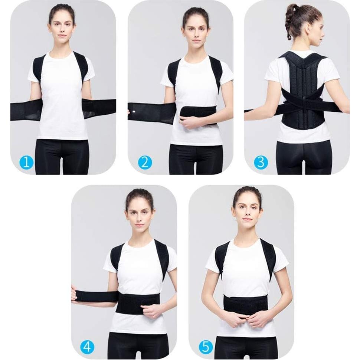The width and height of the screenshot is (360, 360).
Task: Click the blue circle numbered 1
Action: [26, 162]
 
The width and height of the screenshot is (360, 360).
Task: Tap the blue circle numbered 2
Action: [144, 162]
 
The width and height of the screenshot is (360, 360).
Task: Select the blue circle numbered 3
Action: [261, 162]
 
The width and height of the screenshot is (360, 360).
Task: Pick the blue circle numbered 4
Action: [87, 347]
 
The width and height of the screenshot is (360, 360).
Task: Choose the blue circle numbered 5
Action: [206, 347]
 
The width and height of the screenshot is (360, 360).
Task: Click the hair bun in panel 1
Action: [62, 7]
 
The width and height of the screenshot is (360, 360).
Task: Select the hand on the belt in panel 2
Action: [188, 122]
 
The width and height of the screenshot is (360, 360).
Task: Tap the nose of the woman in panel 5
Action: [247, 212]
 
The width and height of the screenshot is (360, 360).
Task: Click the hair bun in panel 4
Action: [139, 192]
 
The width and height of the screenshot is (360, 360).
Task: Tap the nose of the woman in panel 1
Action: [62, 28]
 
